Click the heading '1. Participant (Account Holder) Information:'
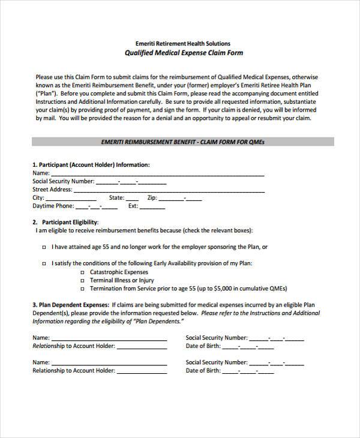pyautogui.click(x=91, y=164)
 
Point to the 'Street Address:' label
pyautogui.click(x=52, y=189)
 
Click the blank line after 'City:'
pyautogui.click(x=71, y=198)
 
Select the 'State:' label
pyautogui.click(x=116, y=197)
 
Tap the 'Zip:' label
pyautogui.click(x=152, y=197)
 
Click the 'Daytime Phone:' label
pyautogui.click(x=53, y=206)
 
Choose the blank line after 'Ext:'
pyautogui.click(x=152, y=206)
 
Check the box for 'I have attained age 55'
pyautogui.click(x=45, y=247)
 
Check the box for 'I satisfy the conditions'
pyautogui.click(x=45, y=263)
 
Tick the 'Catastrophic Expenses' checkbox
pyautogui.click(x=82, y=272)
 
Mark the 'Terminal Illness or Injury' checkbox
pyautogui.click(x=82, y=280)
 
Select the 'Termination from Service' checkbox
pyautogui.click(x=82, y=289)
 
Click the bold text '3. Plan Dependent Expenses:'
pyautogui.click(x=71, y=305)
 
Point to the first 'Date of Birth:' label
pyautogui.click(x=203, y=346)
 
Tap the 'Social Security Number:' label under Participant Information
pyautogui.click(x=63, y=181)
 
